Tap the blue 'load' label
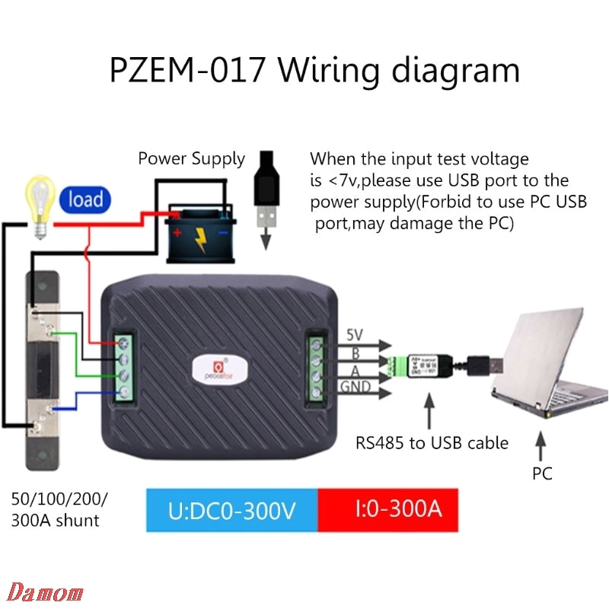(x=85, y=200)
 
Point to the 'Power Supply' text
(x=191, y=159)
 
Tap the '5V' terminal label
(x=355, y=334)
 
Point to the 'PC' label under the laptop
(x=542, y=473)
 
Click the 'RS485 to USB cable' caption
(x=432, y=442)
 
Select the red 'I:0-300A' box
(x=388, y=509)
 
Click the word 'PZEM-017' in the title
(x=187, y=71)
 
